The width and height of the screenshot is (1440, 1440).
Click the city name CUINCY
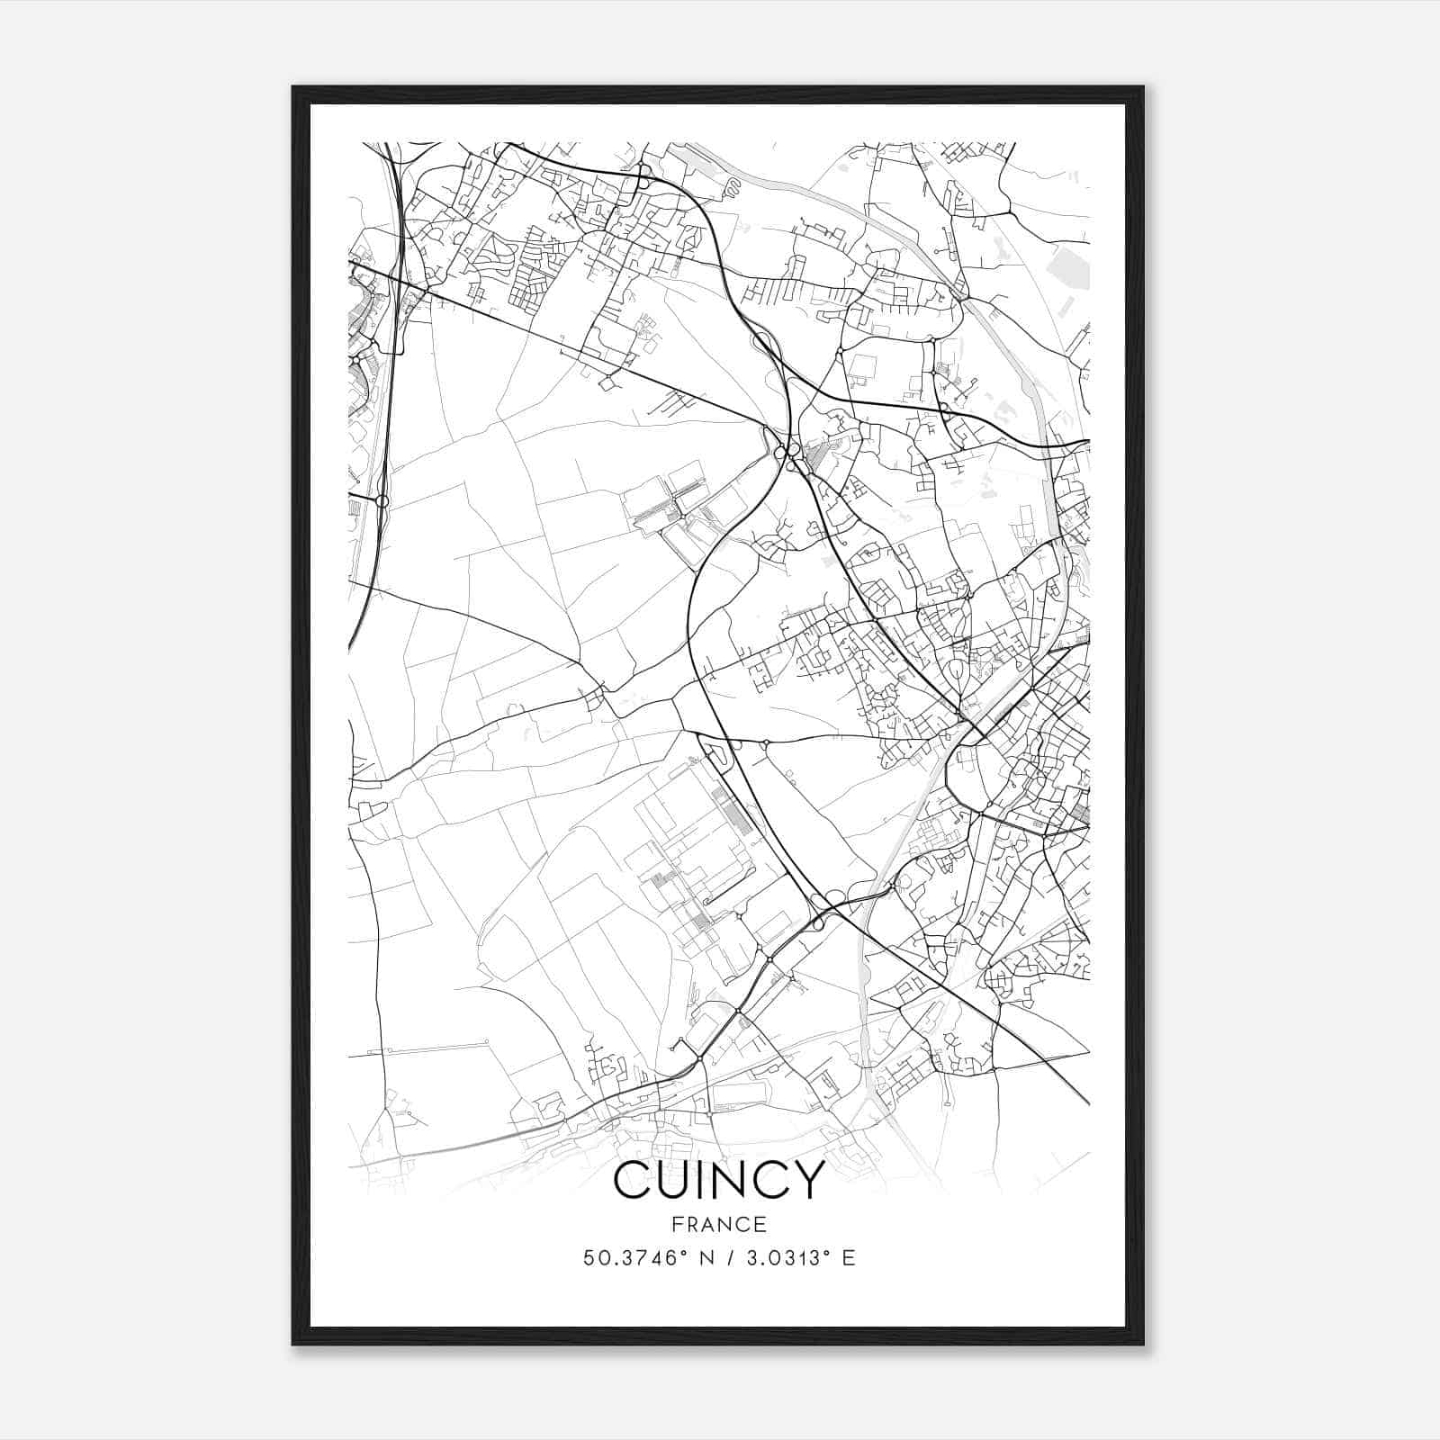coord(719,1179)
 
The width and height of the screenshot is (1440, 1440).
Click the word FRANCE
coord(719,1225)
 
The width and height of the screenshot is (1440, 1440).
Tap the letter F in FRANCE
coord(677,1225)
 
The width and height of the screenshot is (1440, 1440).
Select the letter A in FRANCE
coord(711,1225)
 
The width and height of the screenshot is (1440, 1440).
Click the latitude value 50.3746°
coord(630,1258)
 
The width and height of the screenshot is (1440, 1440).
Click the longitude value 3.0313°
coord(781,1258)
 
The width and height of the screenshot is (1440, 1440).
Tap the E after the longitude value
coord(848,1258)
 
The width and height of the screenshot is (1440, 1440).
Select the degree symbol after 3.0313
coord(825,1252)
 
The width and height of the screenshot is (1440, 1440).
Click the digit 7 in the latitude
coord(638,1258)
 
